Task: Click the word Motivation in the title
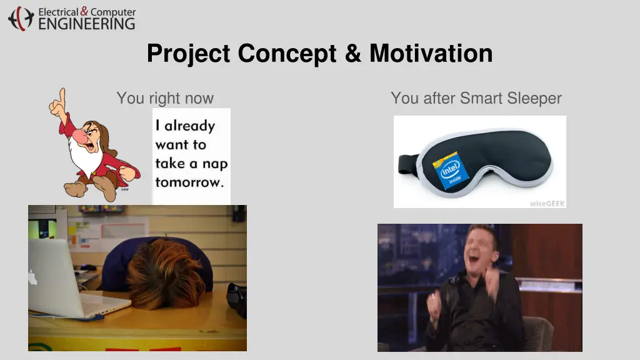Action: point(431,53)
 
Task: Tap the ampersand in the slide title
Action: point(352,53)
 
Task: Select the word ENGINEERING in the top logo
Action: point(86,24)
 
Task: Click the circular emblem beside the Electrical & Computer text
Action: point(21,18)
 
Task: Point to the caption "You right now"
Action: point(165,98)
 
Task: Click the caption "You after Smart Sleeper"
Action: point(476,98)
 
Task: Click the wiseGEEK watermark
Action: point(547,203)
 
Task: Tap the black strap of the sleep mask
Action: point(407,164)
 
